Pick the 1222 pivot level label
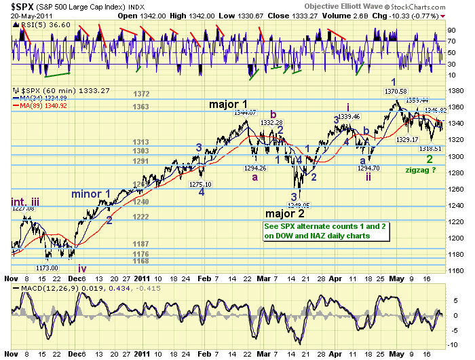[141, 217]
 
